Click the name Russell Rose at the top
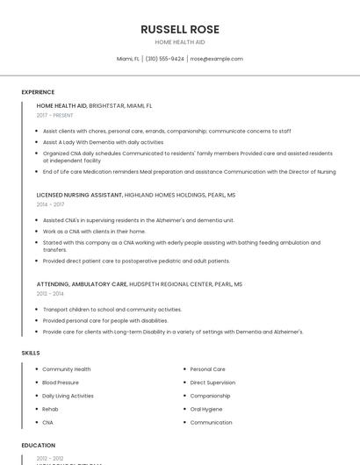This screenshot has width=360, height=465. [180, 29]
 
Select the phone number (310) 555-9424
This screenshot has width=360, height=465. [164, 59]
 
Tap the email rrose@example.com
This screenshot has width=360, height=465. [216, 59]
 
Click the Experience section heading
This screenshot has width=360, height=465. [38, 92]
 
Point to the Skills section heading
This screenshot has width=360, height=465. [31, 353]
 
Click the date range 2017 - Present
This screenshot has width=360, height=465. [54, 115]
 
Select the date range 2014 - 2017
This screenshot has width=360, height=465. [50, 204]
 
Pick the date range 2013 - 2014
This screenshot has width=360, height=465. [50, 294]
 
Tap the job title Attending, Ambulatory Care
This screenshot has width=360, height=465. [82, 284]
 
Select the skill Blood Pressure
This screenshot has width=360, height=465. [61, 383]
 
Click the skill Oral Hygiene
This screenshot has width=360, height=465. [206, 409]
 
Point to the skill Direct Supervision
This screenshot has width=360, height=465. [212, 383]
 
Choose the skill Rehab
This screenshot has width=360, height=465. [50, 409]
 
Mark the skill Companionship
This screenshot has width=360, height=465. [211, 396]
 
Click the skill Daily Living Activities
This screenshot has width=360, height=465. [68, 396]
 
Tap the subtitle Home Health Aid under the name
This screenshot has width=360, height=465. [180, 42]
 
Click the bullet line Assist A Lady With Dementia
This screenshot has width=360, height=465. [103, 141]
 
